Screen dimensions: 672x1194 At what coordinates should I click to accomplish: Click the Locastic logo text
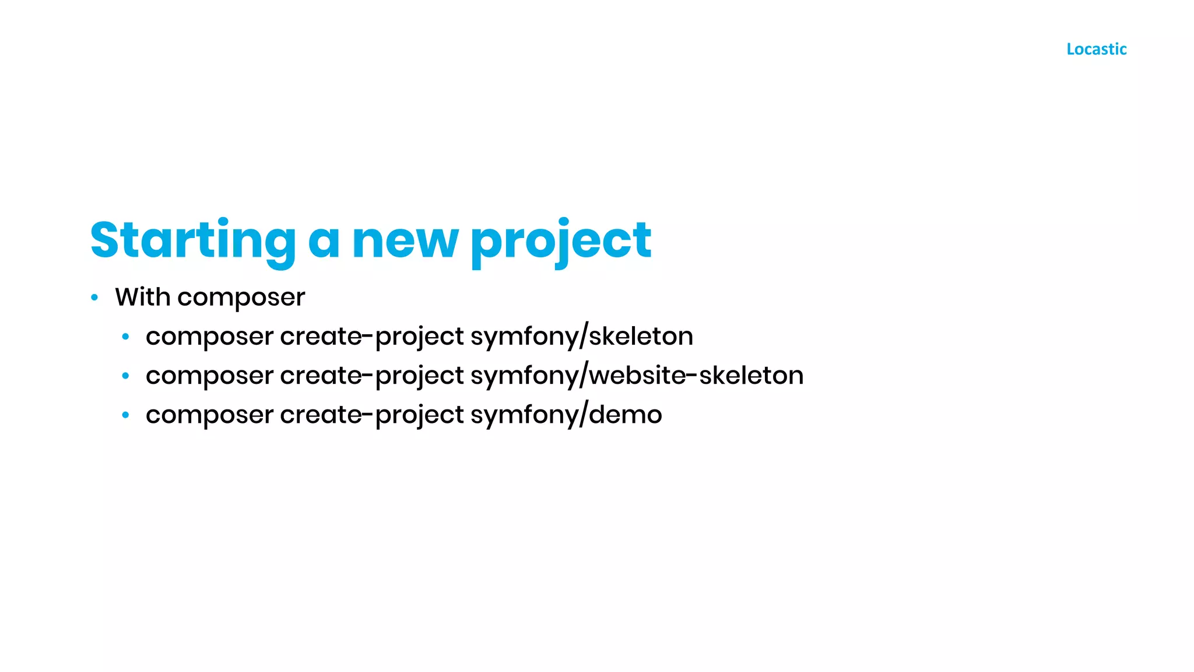(x=1096, y=49)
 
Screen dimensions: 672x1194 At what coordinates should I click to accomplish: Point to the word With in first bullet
(x=143, y=297)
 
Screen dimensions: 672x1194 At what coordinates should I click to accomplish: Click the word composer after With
(x=241, y=298)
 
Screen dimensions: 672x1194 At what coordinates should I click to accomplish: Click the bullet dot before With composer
(x=94, y=298)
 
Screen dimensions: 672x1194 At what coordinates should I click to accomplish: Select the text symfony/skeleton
(x=582, y=337)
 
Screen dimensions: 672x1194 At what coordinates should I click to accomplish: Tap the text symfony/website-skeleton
(x=637, y=376)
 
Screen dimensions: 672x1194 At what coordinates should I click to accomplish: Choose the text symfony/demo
(x=566, y=415)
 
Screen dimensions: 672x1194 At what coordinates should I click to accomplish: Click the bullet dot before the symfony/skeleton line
(x=125, y=337)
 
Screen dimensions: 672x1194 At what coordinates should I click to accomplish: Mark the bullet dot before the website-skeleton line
(x=125, y=376)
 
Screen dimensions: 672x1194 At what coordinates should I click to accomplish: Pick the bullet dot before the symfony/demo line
(x=125, y=415)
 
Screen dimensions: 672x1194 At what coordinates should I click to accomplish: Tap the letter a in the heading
(x=324, y=242)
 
